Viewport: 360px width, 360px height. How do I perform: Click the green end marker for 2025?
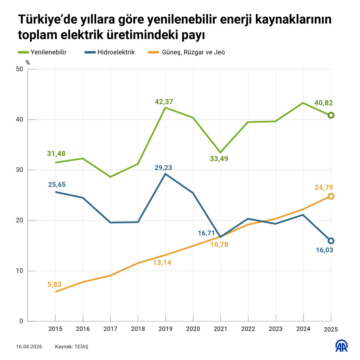(x=331, y=115)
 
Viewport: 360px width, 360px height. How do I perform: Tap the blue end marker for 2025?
(x=331, y=241)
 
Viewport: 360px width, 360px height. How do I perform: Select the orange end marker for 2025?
(x=331, y=196)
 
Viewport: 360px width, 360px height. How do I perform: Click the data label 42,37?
(x=164, y=102)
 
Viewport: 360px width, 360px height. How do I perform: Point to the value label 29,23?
(x=163, y=167)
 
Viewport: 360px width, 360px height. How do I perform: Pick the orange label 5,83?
(x=54, y=284)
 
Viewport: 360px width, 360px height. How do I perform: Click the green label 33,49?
(x=219, y=158)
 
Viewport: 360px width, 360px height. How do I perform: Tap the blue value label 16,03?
(x=324, y=250)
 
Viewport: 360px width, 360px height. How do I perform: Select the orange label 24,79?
(x=324, y=188)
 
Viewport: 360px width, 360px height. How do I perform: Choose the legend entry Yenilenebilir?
(x=48, y=52)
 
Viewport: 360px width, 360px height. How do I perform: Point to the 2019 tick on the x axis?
(x=165, y=329)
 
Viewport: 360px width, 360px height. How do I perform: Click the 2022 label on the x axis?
(x=248, y=329)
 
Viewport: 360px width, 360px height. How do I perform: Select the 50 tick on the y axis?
(x=19, y=69)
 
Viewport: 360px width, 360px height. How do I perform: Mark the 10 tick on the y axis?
(x=19, y=271)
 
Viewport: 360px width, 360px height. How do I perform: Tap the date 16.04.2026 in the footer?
(x=29, y=347)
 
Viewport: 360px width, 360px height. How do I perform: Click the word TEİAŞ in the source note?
(x=81, y=347)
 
